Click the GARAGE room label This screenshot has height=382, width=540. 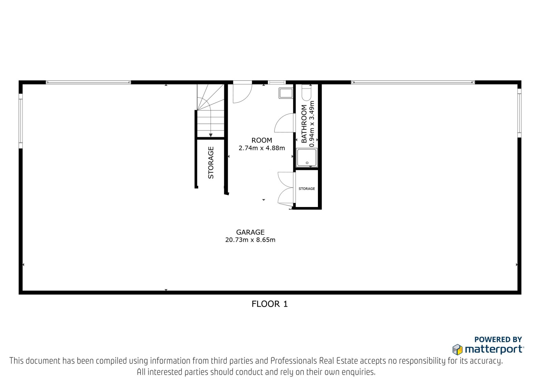click(250, 232)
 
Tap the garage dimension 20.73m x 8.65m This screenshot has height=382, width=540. click(250, 240)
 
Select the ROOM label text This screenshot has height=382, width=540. click(262, 140)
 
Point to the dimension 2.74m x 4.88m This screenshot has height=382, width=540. click(262, 148)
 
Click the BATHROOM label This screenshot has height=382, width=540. click(304, 124)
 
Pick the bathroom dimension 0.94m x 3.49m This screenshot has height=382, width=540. click(312, 124)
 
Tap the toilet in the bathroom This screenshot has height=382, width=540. click(307, 93)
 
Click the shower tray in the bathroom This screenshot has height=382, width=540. click(307, 158)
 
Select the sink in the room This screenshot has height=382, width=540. click(286, 93)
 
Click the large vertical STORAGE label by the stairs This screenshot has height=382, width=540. click(211, 163)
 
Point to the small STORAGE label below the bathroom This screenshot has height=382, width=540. click(307, 189)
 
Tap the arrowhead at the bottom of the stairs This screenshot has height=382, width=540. click(211, 135)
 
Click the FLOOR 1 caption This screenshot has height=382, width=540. click(270, 304)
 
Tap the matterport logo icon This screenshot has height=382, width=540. click(457, 350)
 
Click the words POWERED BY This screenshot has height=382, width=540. click(498, 339)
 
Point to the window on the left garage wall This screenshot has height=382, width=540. click(21, 121)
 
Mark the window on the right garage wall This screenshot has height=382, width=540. click(519, 113)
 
